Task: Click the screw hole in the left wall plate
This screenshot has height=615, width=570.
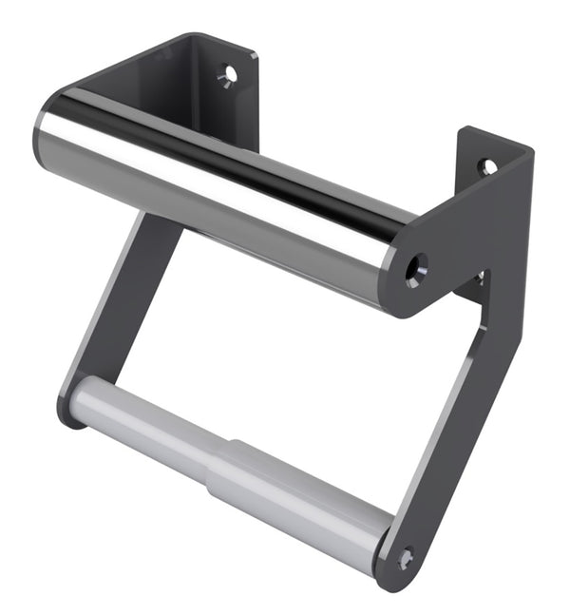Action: [227, 73]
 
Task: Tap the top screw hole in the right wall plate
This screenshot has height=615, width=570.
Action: [487, 166]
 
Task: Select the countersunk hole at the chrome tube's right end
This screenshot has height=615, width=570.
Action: [415, 269]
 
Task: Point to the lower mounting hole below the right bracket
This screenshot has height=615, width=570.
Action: [481, 278]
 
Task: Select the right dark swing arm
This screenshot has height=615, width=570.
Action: [446, 428]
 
